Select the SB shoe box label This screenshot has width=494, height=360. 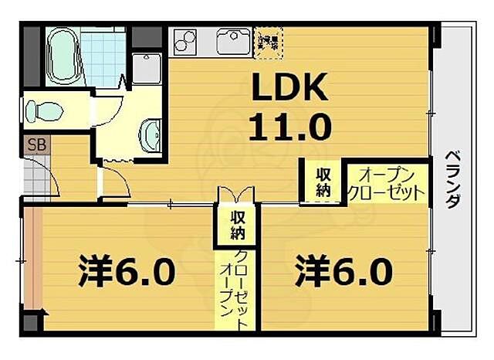[36, 144]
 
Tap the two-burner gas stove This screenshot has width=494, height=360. [187, 39]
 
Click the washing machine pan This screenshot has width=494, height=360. [147, 68]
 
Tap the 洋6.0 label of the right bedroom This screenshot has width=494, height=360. [343, 271]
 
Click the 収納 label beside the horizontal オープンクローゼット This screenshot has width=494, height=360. [322, 182]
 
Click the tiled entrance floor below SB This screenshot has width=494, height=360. [36, 179]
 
